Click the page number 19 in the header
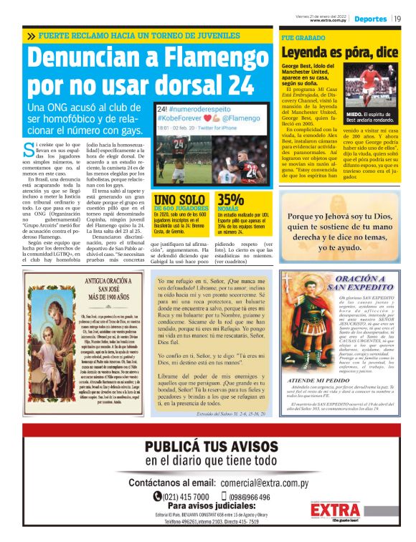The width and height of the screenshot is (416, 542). pos(397,19)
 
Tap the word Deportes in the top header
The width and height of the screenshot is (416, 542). pos(370,19)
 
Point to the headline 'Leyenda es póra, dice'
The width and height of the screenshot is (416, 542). pos(339,52)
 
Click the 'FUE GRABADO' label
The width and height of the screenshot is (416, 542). pos(300,36)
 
